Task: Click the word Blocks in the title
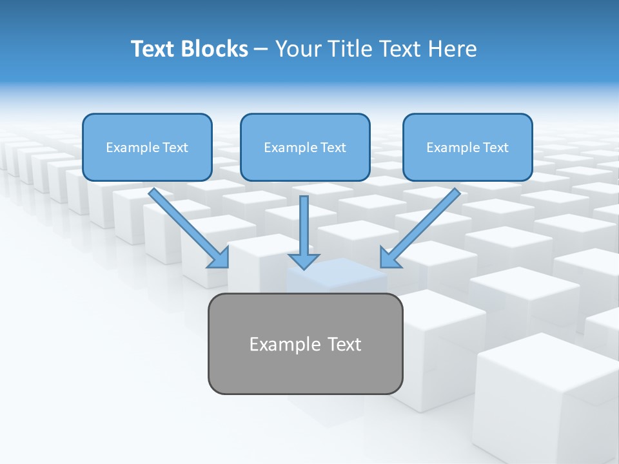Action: pyautogui.click(x=216, y=49)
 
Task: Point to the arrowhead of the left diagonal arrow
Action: pyautogui.click(x=220, y=258)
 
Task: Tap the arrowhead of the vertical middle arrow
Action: pyautogui.click(x=304, y=261)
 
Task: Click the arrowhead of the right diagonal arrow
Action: pyautogui.click(x=389, y=258)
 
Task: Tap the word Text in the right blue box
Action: pyautogui.click(x=495, y=148)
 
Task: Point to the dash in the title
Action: pyautogui.click(x=261, y=49)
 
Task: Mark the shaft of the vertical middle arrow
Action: pyautogui.click(x=304, y=222)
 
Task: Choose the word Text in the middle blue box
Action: pyautogui.click(x=333, y=148)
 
